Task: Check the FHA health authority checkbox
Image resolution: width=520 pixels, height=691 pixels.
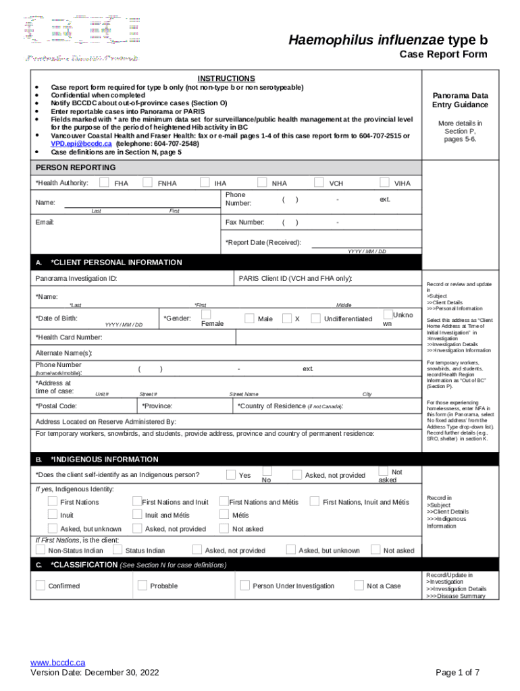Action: coord(104,182)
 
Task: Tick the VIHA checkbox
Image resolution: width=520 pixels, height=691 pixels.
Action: coord(384,182)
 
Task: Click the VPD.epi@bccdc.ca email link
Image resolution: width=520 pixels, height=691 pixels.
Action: coord(81,144)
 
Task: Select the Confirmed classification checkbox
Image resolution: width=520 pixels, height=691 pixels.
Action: coord(41,585)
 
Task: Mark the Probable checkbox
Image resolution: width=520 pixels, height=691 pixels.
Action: coord(142,585)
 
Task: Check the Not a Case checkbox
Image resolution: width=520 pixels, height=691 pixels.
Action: coord(359,585)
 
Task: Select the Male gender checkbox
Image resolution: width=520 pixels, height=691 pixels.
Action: coord(249,318)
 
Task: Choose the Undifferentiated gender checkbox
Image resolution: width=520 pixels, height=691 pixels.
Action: coord(315,318)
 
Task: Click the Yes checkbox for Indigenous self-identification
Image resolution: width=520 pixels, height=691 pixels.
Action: coord(231,474)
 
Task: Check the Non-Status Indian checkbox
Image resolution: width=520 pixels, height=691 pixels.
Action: coord(41,550)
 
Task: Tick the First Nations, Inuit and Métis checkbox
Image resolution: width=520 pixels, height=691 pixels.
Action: coord(314,501)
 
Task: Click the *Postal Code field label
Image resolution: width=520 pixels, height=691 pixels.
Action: coord(56,406)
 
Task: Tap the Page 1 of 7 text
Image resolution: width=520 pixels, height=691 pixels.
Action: coord(458,672)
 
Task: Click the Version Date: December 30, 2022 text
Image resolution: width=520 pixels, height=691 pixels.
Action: coord(94,672)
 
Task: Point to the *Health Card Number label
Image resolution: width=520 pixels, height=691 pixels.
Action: coord(69,337)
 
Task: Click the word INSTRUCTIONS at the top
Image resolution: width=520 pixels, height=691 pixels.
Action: coord(226,78)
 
